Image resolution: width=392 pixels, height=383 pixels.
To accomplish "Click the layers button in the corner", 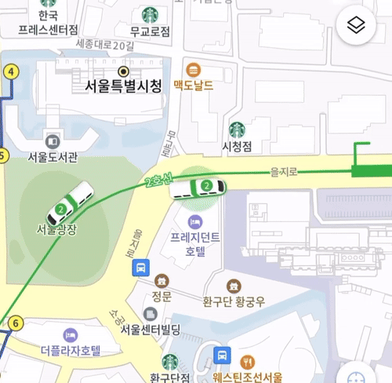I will click(x=357, y=25).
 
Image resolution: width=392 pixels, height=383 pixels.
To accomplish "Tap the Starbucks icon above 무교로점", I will click(x=149, y=14).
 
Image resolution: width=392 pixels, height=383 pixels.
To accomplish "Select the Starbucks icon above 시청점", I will click(x=237, y=129).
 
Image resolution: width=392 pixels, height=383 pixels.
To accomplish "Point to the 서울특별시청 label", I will click(x=122, y=86).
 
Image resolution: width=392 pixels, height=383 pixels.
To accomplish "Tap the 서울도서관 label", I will click(x=53, y=156).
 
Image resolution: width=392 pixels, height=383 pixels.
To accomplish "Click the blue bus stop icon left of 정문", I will click(x=140, y=268).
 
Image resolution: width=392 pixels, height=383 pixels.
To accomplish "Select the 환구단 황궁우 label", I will click(x=233, y=300).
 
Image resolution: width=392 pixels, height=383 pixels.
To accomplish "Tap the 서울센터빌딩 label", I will click(x=151, y=330).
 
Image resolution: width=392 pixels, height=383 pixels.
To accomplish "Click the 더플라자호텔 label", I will click(x=71, y=350).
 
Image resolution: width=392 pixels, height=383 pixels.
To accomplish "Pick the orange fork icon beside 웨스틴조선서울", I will click(x=249, y=361).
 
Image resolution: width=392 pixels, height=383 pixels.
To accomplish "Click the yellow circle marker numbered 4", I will click(x=10, y=71).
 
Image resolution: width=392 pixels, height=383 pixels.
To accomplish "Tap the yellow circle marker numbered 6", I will click(x=16, y=323).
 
